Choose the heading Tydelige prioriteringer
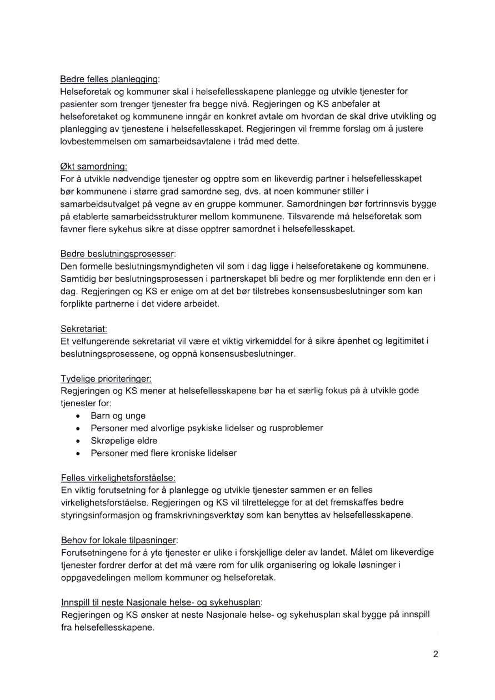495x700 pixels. (105, 379)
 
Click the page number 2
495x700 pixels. (436, 654)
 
